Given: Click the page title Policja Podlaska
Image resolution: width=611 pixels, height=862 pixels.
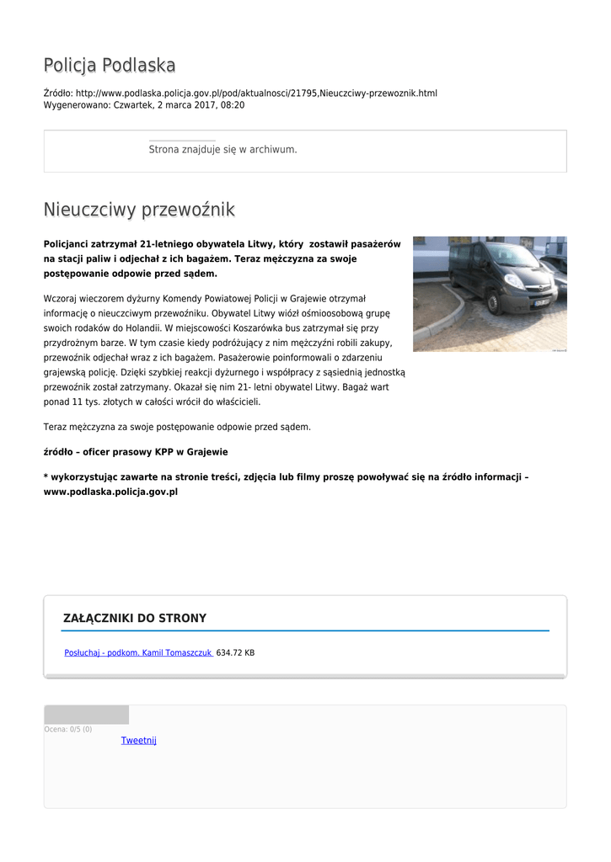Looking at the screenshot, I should click(110, 66).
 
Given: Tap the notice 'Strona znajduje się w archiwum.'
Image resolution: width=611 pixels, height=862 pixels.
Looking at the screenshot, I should click(222, 149).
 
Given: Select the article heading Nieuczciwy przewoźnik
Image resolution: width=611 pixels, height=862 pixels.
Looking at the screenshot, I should click(139, 209).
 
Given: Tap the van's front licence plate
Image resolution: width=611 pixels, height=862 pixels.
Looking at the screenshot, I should click(539, 301).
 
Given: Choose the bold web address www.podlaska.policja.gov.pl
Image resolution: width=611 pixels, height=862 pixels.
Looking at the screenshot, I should click(110, 492).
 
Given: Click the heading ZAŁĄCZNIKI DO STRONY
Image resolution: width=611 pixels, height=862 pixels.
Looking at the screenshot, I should click(135, 618).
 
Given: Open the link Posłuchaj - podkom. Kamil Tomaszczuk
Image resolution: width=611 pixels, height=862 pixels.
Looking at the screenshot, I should click(138, 652).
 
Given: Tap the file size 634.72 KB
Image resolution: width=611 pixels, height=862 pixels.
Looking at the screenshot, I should click(235, 652).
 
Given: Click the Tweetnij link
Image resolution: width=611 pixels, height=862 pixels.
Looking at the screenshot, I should click(138, 741).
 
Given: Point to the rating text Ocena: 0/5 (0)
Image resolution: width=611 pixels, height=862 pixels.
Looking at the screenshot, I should click(68, 729).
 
